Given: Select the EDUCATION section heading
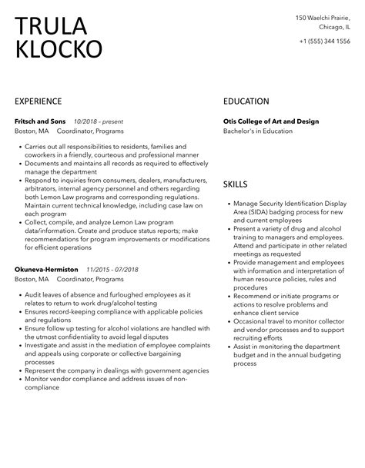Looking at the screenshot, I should (246, 101).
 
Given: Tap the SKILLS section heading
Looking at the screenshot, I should (236, 184).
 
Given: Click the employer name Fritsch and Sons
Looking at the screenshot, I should (41, 121).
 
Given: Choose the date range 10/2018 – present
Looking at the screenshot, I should (99, 121).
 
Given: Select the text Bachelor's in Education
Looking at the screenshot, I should (258, 131).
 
